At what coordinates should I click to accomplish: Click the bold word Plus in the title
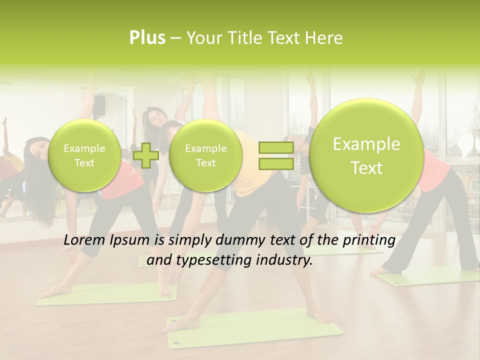click(x=147, y=38)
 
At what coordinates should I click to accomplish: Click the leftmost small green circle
click(x=84, y=155)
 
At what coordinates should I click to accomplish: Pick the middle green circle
click(x=205, y=155)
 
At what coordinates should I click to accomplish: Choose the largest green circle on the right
click(x=366, y=155)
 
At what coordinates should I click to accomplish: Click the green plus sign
click(x=146, y=155)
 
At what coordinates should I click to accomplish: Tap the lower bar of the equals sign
click(x=276, y=163)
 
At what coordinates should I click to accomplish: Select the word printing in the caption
click(x=370, y=240)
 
